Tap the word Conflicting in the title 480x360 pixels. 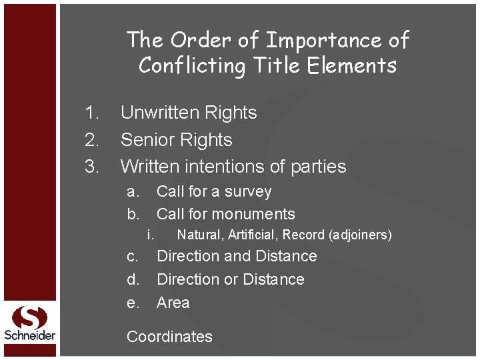pos(192,66)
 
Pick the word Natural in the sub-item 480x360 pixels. pos(199,235)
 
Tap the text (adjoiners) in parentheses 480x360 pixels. pos(360,235)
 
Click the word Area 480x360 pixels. pos(173,303)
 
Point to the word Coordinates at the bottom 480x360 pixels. pos(169,337)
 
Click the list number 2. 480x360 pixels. pos(91,140)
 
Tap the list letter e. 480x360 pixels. pos(133,303)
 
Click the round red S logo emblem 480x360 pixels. pos(29,317)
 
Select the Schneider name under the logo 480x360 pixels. pos(29,335)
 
